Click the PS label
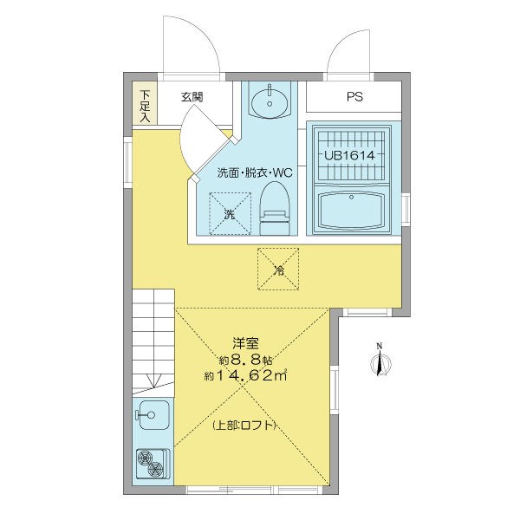coord(354,97)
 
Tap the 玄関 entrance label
coord(192,97)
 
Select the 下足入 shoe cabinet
coord(145,105)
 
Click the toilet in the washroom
coord(275,209)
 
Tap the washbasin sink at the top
coord(269,102)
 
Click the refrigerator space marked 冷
coord(279,269)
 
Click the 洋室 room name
coord(244,343)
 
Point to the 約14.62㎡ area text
coord(245,375)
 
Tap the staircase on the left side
coord(153,338)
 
